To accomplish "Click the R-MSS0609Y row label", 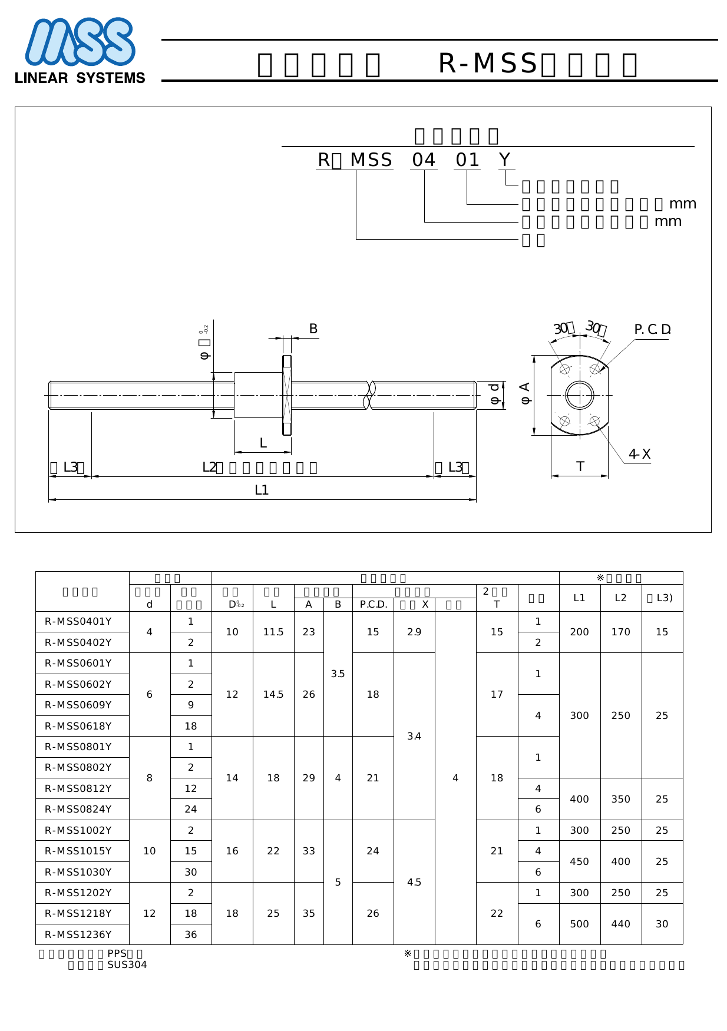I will point(78,705).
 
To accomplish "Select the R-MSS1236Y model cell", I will point(78,934).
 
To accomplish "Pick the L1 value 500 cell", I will point(579,924).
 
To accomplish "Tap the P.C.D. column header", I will point(373,605).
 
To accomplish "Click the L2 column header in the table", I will point(620,598).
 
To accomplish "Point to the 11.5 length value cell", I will point(273,632).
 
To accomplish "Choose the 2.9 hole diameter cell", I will point(414,632).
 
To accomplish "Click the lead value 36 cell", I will point(190,934).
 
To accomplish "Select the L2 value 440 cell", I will point(620,924).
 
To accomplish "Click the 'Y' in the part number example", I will point(505,160).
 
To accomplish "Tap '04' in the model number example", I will point(423,160).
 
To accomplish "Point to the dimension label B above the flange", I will point(313,329).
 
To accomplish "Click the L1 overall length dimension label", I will point(262,490).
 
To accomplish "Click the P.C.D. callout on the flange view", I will point(652,330).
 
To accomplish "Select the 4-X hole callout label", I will point(639,454).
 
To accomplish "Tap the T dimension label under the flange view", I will point(580,466).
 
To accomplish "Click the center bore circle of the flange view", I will point(580,395).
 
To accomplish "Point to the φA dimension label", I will point(526,393).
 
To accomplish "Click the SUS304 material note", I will point(127,964).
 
